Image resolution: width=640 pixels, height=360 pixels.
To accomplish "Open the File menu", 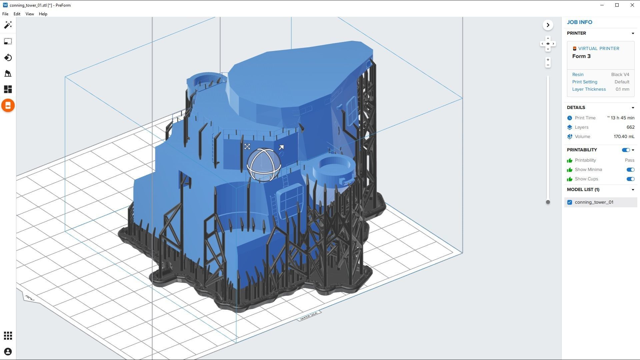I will click(5, 14).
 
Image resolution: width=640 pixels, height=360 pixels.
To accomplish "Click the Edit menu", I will click(17, 14).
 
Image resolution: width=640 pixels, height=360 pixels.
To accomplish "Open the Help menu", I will click(43, 14).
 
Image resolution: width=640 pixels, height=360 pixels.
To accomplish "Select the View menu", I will click(30, 14).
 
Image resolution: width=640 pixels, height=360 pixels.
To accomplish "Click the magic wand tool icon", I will click(8, 25).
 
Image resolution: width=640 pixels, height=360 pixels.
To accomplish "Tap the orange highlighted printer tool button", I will click(8, 106).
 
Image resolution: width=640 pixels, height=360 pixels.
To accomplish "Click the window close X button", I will click(632, 5).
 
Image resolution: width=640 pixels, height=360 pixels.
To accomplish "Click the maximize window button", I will click(617, 5).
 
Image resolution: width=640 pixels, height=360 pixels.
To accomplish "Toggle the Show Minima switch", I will click(630, 170).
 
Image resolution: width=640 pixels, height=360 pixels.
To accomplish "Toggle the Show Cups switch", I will click(630, 179).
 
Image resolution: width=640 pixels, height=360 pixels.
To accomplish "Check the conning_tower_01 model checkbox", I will click(570, 202).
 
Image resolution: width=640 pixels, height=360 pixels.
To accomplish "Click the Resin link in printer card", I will click(578, 75).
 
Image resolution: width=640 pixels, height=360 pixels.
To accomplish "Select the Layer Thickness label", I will click(589, 89).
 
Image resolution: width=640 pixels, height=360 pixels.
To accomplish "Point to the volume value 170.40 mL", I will click(624, 137).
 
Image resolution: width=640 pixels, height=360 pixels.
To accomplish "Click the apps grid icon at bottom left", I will click(8, 336).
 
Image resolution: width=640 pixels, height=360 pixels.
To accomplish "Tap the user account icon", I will click(8, 352).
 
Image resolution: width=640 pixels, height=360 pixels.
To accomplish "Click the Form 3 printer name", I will click(581, 56).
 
